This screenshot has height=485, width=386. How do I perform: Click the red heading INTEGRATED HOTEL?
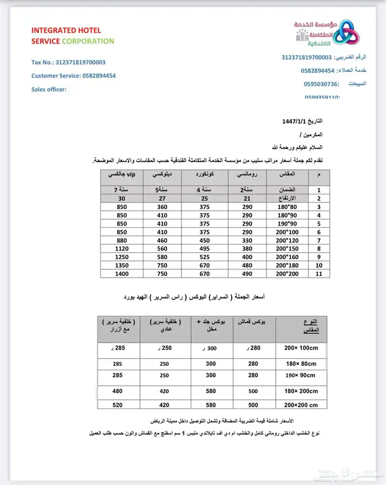[66, 30]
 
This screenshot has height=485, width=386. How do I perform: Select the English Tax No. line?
[68, 63]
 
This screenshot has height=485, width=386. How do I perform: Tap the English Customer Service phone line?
[73, 76]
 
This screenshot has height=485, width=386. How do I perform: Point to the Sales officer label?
[49, 89]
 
